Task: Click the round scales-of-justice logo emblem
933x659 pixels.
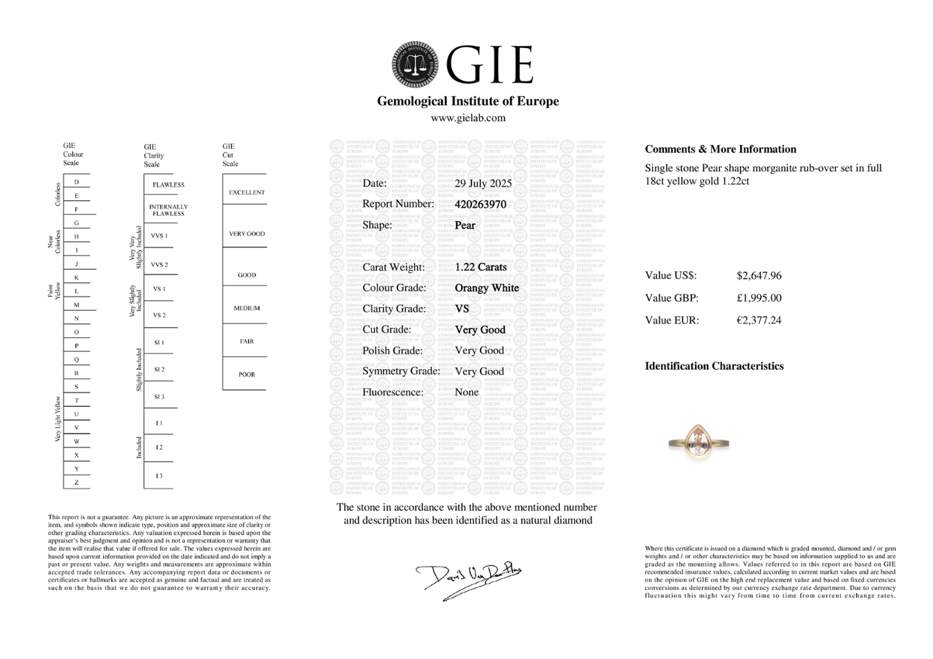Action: pos(416,65)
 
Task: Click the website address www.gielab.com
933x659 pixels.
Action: pos(468,118)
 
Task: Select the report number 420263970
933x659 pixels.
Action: pos(481,204)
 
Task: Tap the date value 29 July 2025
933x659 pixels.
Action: pos(483,184)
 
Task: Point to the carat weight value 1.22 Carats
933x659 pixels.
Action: pos(481,267)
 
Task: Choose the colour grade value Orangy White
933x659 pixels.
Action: pos(487,288)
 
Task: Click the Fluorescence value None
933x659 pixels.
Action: pos(466,392)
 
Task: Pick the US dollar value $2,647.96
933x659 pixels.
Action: pos(759,276)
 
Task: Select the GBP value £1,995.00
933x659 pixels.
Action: pos(759,298)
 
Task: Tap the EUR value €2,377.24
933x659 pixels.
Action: pos(759,320)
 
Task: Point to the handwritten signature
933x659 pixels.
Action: pos(469,578)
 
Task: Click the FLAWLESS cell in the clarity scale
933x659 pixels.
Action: pos(169,185)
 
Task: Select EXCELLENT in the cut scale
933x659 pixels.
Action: pos(247,193)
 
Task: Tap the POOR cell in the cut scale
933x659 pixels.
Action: pos(247,375)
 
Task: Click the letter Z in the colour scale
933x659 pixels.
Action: pos(76,483)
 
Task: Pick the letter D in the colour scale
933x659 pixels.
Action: pos(76,182)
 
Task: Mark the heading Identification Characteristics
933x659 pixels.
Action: pos(714,366)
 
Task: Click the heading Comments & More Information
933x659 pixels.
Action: pos(721,149)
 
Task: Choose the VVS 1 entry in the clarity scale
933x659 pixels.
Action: pos(159,236)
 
